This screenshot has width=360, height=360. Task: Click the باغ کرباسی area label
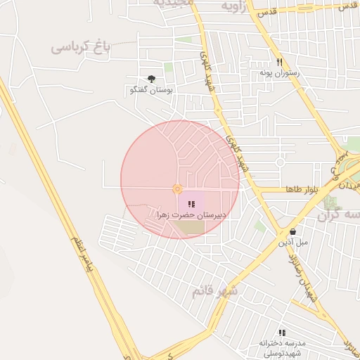[x=81, y=48]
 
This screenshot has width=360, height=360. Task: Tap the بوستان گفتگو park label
[x=152, y=90]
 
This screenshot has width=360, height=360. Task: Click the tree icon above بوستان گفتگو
[x=151, y=79]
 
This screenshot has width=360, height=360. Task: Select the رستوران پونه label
[x=280, y=72]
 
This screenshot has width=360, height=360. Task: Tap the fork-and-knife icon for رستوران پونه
[x=280, y=62]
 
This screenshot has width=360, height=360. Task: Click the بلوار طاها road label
[x=303, y=190]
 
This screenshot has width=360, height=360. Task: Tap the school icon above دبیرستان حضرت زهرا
[x=191, y=204]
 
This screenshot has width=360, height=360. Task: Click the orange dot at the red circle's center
[x=177, y=188]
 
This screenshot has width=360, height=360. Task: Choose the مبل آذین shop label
[x=292, y=243]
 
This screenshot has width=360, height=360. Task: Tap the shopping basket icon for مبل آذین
[x=292, y=232]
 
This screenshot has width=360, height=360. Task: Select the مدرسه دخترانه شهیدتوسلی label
[x=281, y=347]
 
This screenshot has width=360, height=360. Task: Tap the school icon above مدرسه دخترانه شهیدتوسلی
[x=282, y=333]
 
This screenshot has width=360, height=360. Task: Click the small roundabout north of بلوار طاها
[x=280, y=162]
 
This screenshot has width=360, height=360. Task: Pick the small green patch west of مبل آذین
[x=260, y=226]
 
